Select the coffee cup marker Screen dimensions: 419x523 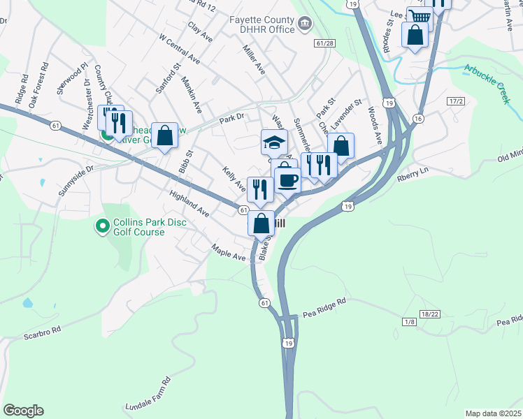point(287,181)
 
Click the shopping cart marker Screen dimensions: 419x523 point(419,17)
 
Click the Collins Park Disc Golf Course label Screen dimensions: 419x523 point(138,228)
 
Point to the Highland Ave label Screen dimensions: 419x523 point(189,202)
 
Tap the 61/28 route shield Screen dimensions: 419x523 point(323,43)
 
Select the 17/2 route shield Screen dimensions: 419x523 point(456,101)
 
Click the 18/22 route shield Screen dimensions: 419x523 point(431,314)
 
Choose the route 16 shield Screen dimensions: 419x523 point(418,119)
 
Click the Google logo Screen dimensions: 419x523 point(23,411)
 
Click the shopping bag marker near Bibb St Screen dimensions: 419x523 point(164,135)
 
